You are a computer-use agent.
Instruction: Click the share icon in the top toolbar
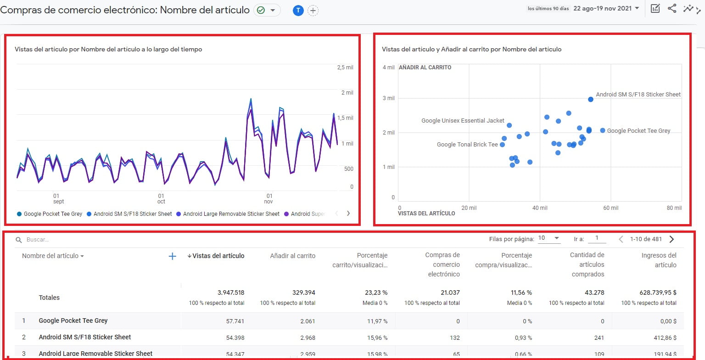click(671, 8)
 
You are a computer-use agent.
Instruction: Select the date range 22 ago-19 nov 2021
click(606, 8)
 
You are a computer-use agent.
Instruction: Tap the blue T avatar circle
click(298, 11)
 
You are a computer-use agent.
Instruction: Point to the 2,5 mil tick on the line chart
click(345, 67)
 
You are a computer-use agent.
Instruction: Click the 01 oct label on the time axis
click(161, 198)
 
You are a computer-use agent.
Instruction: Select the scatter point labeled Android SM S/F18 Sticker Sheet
click(591, 99)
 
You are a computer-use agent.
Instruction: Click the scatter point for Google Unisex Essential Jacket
click(509, 125)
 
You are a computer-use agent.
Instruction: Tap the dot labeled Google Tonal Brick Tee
click(502, 145)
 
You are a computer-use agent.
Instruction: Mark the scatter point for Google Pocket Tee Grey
click(603, 130)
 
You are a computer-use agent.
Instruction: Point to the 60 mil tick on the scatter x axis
click(610, 208)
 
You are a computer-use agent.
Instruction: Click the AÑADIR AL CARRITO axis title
click(425, 67)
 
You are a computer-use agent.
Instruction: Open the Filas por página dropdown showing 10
click(549, 238)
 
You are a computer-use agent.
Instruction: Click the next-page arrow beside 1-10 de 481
click(672, 239)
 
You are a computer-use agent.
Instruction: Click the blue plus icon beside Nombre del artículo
click(173, 256)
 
